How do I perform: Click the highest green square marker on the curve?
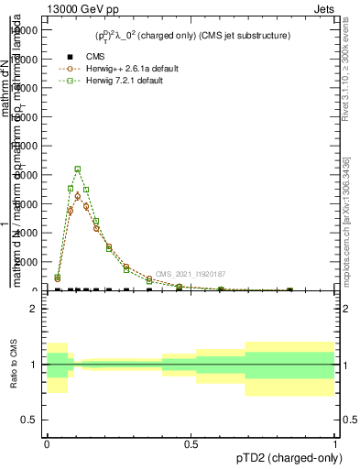pos(78,169)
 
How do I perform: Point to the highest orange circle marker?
pos(78,196)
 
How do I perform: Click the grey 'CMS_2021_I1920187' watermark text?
pos(191,274)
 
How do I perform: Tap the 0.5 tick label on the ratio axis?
pos(29,420)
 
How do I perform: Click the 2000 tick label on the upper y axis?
pos(27,262)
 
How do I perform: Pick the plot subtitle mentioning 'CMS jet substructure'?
pos(191,36)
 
